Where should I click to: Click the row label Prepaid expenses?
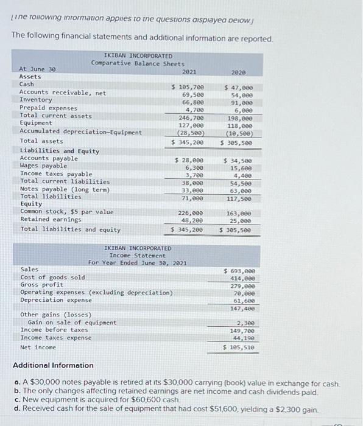click(x=49, y=108)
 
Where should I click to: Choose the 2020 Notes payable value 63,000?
click(x=241, y=190)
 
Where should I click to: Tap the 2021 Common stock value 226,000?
click(x=190, y=213)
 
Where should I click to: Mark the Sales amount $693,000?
click(x=239, y=270)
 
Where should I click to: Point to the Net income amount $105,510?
click(x=239, y=347)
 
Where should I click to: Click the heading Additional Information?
click(x=54, y=365)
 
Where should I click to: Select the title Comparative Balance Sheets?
click(x=138, y=63)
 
